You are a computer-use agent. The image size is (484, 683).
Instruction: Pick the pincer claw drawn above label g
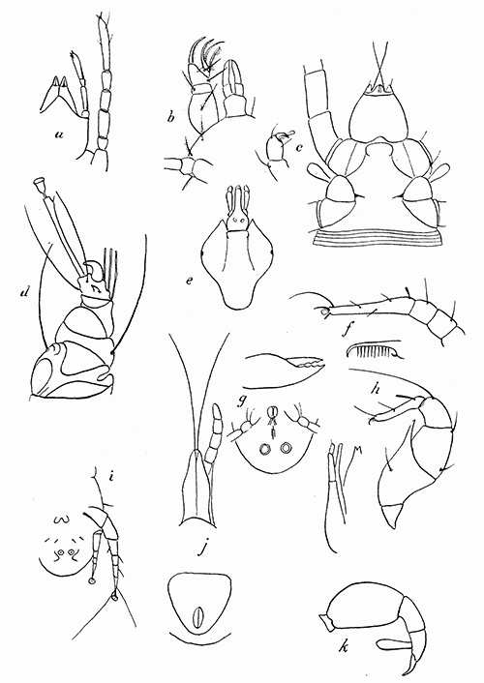point(282,366)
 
